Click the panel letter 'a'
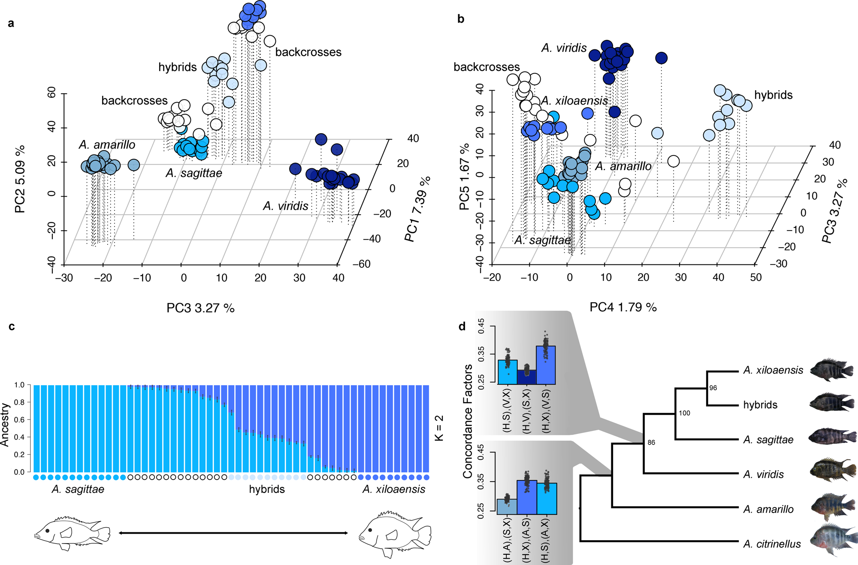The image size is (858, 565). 11,23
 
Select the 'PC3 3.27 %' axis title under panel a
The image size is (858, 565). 200,308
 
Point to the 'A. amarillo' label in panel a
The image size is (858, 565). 107,145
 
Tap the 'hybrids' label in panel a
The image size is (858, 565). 177,67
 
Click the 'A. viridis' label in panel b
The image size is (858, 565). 564,48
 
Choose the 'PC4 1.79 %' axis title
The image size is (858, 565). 623,307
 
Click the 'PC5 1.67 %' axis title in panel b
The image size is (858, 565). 464,176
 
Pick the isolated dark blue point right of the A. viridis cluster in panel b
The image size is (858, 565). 661,58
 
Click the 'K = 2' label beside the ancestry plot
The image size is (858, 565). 439,428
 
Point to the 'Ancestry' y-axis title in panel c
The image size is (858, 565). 5,425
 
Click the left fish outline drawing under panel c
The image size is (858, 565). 72,533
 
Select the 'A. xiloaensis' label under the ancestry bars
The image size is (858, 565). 393,489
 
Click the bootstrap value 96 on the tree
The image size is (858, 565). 713,388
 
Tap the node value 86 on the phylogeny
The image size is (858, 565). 651,443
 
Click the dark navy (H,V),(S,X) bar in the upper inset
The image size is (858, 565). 526,377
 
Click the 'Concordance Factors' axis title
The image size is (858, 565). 467,421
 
